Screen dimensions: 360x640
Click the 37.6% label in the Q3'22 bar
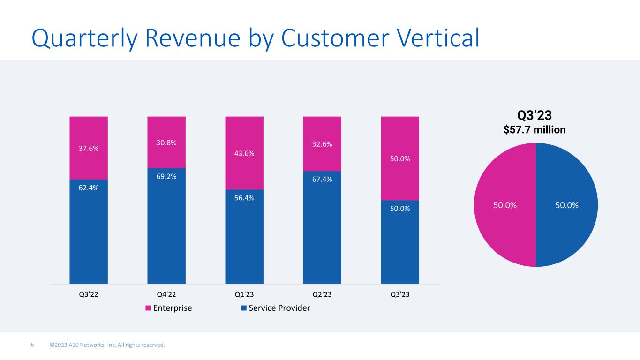[x=89, y=148]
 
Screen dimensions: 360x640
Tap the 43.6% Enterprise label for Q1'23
[x=244, y=153]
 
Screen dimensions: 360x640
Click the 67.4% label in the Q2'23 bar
[x=322, y=179]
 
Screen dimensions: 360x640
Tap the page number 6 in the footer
[x=32, y=345]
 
